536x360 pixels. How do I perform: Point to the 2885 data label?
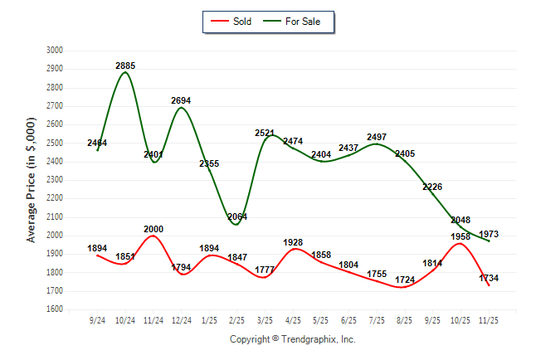(125, 65)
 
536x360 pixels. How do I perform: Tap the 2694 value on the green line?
(181, 100)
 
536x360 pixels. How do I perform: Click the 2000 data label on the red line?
(153, 229)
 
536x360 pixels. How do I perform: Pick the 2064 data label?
(236, 216)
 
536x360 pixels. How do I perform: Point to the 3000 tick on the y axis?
(55, 50)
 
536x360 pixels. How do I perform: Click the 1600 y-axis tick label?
(55, 309)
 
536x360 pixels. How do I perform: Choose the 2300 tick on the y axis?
(55, 180)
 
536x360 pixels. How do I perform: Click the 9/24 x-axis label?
(97, 319)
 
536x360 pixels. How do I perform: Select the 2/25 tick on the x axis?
(236, 319)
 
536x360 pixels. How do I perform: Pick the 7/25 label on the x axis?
(376, 319)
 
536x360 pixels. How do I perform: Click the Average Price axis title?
(32, 180)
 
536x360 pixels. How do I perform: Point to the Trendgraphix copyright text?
(292, 339)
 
